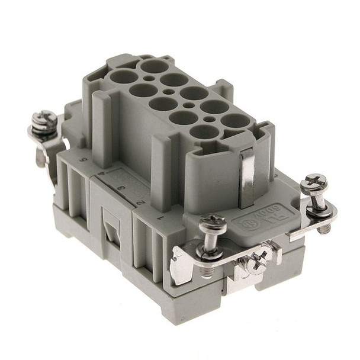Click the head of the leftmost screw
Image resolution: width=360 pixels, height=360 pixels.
pos(45,120)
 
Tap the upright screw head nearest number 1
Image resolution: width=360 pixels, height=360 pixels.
pos(211,226)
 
